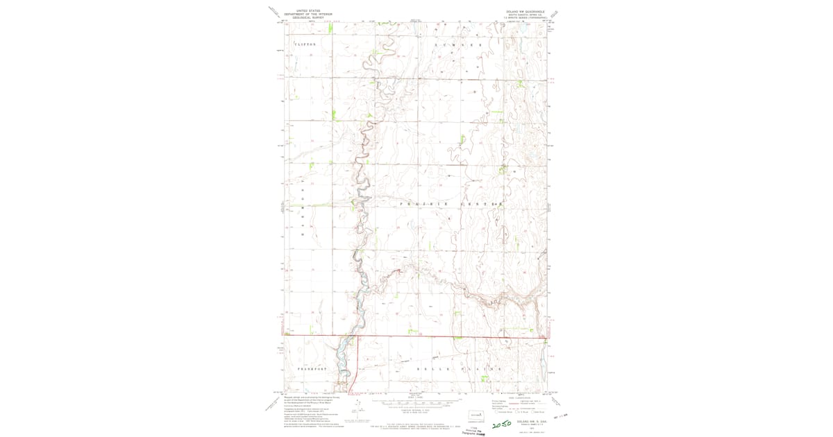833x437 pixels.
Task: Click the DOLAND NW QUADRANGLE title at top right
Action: coord(526,11)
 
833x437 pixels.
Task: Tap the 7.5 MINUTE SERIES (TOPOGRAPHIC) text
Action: coord(526,17)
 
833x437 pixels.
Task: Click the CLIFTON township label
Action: coord(305,44)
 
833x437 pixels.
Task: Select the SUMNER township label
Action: coord(457,44)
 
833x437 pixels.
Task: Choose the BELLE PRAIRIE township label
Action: coord(458,369)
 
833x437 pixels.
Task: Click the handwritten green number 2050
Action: coord(501,422)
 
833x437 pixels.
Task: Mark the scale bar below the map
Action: coord(416,402)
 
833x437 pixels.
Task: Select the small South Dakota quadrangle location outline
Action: coord(476,415)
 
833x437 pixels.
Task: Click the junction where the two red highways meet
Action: coord(357,337)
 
